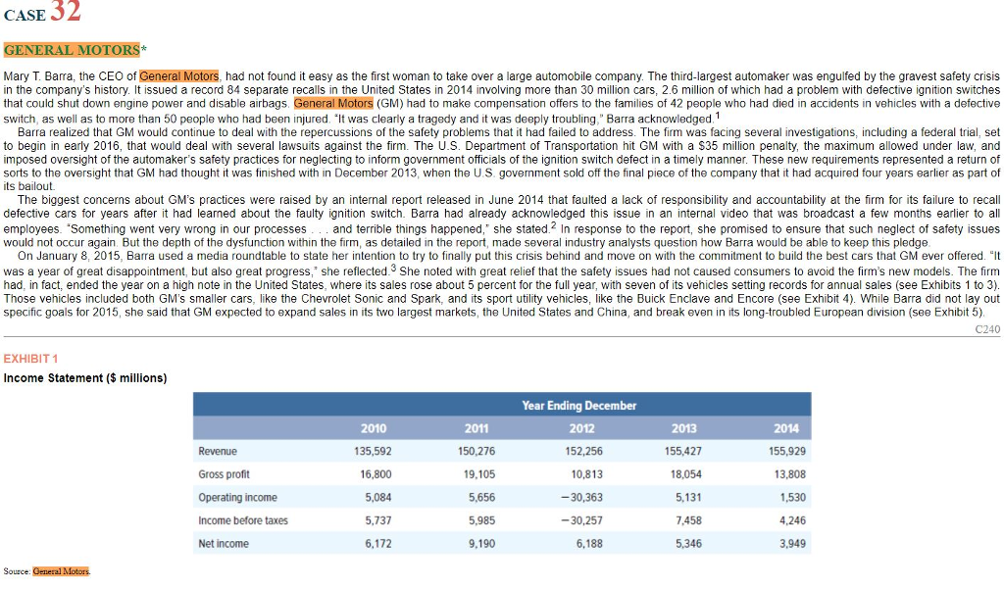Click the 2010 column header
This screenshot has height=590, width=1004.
[374, 428]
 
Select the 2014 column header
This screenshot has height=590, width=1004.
[785, 428]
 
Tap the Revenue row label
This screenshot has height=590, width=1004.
[217, 452]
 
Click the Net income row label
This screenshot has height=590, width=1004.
[224, 544]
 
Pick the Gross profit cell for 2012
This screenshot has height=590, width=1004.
[586, 474]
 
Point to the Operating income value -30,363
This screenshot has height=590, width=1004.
[583, 498]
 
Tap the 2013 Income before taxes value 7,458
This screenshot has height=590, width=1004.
[688, 520]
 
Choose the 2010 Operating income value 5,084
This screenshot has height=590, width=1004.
[377, 498]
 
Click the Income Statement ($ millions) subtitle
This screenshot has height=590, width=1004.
[85, 378]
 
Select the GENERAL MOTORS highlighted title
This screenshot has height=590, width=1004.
[73, 50]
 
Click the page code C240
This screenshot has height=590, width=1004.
[987, 330]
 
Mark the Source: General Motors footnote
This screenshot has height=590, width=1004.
[47, 571]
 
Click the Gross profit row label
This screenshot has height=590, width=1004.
[224, 474]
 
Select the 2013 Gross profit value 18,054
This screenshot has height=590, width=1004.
[685, 474]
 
